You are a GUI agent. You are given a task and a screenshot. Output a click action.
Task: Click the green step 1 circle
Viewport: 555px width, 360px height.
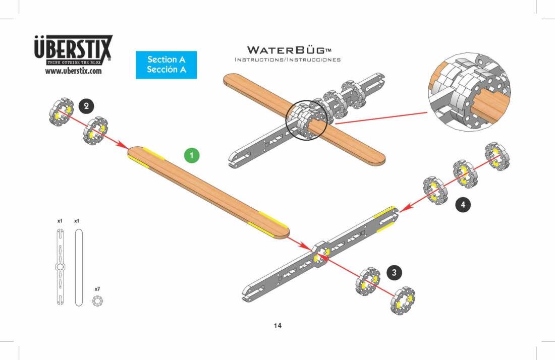[x=191, y=156]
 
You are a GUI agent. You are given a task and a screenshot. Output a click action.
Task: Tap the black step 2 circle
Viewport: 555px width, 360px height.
[x=86, y=106]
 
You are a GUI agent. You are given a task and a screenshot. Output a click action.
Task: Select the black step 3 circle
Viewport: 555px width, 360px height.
[x=394, y=272]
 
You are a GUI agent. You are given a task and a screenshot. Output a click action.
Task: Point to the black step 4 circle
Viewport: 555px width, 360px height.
[x=463, y=204]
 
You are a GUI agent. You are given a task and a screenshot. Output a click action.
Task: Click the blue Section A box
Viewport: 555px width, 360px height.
[x=166, y=65]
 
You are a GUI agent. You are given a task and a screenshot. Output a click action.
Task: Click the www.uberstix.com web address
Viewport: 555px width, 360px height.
[x=73, y=71]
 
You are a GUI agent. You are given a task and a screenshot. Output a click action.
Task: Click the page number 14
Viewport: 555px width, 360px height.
[x=277, y=325]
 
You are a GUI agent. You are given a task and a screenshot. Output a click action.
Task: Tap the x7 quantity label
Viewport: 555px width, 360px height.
[x=97, y=289]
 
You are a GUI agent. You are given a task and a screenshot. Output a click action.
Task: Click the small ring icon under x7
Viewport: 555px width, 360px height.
[x=97, y=301]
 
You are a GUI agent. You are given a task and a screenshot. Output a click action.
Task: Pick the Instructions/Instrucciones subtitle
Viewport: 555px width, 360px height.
[x=288, y=59]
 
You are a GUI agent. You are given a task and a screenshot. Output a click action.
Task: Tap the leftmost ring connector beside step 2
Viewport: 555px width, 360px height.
[x=62, y=113]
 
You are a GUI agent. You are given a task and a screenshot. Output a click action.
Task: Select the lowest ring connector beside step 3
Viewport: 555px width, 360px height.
[x=403, y=301]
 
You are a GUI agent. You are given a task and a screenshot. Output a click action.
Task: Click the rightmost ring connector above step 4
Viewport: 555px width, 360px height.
[x=497, y=156]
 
